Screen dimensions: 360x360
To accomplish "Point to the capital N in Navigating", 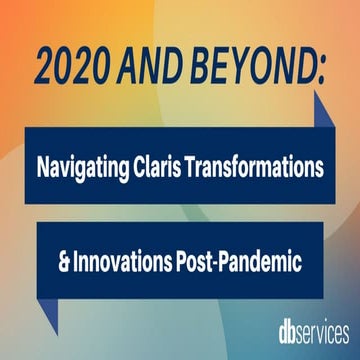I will click(44, 167).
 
